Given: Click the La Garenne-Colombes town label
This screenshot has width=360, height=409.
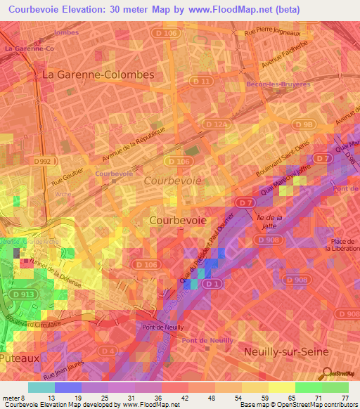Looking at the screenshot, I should pyautogui.click(x=89, y=74).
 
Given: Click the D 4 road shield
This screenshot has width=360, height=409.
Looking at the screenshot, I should pyautogui.click(x=106, y=349).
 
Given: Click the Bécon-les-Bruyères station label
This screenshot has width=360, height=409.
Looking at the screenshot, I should pyautogui.click(x=278, y=84).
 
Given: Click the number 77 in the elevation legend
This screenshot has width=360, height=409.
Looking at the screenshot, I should pyautogui.click(x=345, y=398).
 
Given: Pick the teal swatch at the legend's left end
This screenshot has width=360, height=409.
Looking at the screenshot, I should pyautogui.click(x=41, y=387).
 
